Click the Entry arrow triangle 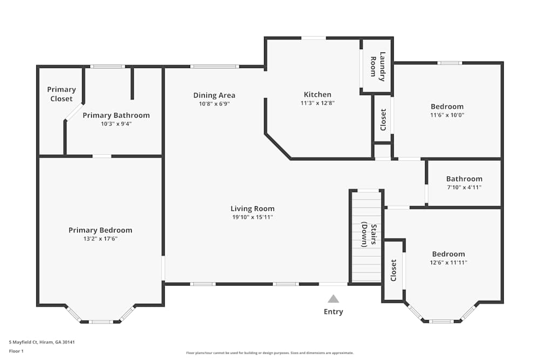click(333, 299)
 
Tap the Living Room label click(252, 209)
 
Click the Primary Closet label click(61, 94)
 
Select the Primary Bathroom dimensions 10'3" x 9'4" click(116, 124)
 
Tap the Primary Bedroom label click(100, 230)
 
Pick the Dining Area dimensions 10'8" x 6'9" click(214, 104)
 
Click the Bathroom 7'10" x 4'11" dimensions click(464, 187)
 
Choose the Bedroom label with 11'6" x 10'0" click(447, 106)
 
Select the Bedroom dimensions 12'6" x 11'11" click(448, 262)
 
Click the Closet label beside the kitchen click(383, 120)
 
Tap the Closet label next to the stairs click(393, 270)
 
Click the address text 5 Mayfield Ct click(42, 342)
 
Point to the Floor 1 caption click(17, 351)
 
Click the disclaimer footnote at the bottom click(269, 352)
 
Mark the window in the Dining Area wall click(214, 66)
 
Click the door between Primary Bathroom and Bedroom click(102, 157)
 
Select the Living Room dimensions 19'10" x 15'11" click(252, 217)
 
